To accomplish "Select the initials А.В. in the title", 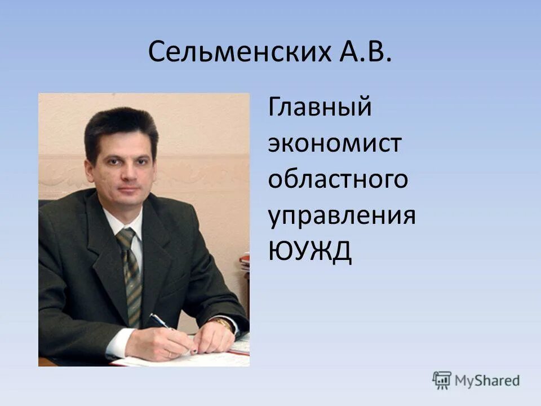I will [365, 52].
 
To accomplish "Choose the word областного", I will [338, 180].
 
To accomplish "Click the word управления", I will [342, 217].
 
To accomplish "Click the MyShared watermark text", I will [487, 381].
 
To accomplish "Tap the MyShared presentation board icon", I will [442, 380].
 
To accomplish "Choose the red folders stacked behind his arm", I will [244, 262].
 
